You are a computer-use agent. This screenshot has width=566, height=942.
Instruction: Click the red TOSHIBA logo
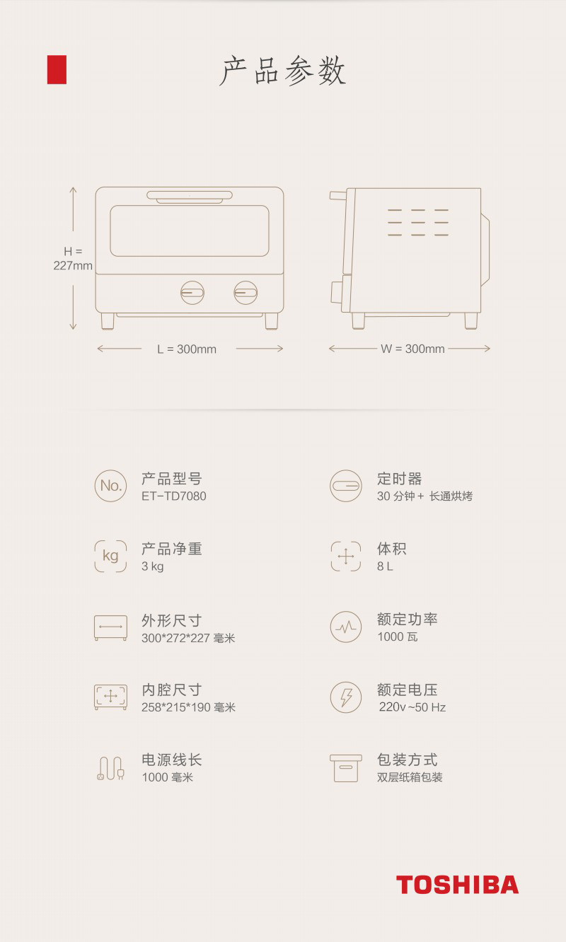[x=457, y=885]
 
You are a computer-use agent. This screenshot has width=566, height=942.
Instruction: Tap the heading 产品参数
[x=283, y=71]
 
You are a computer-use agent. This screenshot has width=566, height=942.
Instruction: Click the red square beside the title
[x=57, y=69]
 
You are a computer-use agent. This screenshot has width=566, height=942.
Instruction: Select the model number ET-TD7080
[x=174, y=496]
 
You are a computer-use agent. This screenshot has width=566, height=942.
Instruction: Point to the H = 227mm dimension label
[x=73, y=259]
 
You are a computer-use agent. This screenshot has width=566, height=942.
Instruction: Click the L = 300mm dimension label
[x=187, y=349]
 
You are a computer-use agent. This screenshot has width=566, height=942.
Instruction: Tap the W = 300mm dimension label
[x=412, y=349]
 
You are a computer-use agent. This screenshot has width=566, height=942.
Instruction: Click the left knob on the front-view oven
[x=192, y=292]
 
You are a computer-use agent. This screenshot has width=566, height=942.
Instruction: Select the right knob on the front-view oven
[x=246, y=292]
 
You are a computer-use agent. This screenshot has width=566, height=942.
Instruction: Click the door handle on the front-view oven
[x=190, y=195]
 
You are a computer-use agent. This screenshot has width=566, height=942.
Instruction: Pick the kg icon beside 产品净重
[x=110, y=556]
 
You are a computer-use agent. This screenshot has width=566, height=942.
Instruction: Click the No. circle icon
[x=110, y=486]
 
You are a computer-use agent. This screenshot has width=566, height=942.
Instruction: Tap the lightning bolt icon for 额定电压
[x=346, y=697]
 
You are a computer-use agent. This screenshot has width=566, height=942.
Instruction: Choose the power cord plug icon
[x=110, y=769]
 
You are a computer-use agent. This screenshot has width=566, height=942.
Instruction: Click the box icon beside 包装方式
[x=346, y=768]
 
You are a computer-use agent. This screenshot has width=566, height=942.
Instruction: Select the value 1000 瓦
[x=398, y=637]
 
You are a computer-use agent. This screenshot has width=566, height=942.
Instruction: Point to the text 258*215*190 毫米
[x=188, y=708]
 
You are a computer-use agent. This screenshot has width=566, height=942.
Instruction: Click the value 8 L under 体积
[x=385, y=567]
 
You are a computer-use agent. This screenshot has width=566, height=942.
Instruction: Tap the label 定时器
[x=400, y=479]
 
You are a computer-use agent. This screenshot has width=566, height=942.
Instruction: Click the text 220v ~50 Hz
[x=412, y=708]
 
